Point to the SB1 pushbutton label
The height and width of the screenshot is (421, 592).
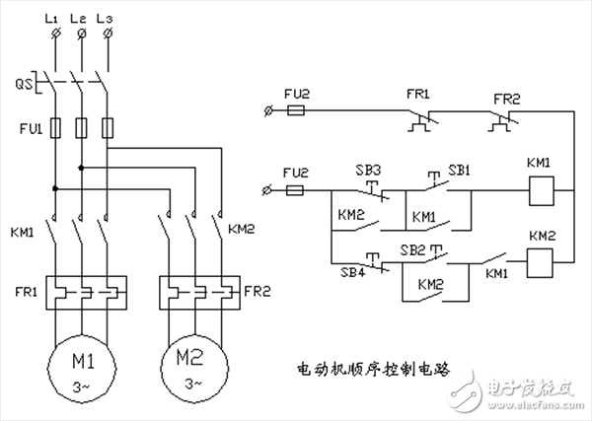[x=460, y=169]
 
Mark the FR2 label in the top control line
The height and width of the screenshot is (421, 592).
[x=506, y=99]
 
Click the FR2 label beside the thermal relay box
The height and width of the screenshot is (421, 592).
[x=258, y=292]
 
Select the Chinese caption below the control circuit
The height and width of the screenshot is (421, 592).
[x=373, y=371]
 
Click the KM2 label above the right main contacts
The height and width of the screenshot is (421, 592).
[x=243, y=228]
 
